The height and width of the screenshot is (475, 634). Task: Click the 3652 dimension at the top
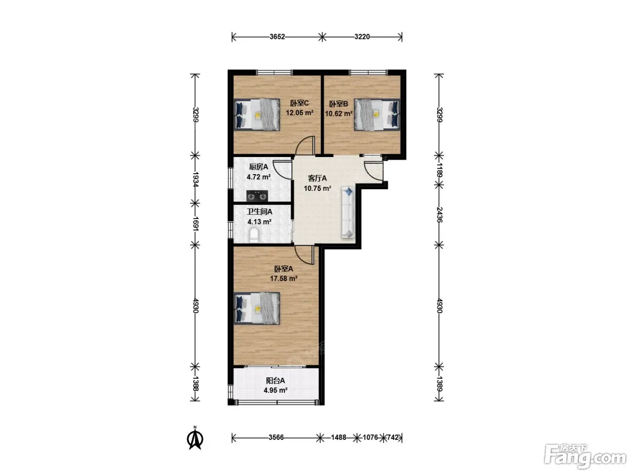pos(277,37)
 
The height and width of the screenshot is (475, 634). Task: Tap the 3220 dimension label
pos(362,37)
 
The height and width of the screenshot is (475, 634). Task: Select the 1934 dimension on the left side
pos(195,180)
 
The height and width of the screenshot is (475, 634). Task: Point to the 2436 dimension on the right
pos(439,214)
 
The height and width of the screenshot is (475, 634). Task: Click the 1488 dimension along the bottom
pos(338,437)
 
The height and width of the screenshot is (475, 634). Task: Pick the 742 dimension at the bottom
pos(393,437)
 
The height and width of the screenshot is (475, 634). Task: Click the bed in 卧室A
pos(257,309)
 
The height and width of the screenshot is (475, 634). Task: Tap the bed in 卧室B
pos(377,115)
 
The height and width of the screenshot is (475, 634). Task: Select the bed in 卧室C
pos(257,115)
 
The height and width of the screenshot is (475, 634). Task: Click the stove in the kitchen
pos(257,196)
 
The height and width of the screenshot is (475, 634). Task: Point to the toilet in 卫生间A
pos(254,235)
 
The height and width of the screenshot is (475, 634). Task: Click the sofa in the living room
pos(348,213)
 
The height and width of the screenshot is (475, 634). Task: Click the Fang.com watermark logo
pos(585,456)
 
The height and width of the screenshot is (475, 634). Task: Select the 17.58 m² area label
pos(283,279)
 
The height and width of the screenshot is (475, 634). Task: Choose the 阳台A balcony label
pos(275,381)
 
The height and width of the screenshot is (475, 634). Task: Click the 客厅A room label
pos(317,178)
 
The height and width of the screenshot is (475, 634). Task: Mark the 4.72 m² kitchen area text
pos(259,177)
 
